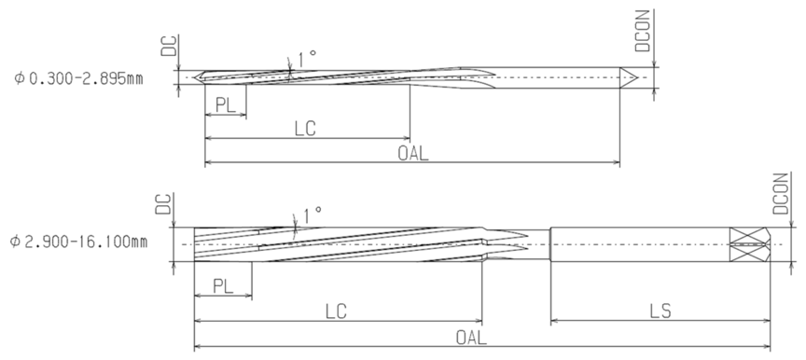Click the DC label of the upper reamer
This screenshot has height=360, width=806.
click(x=169, y=47)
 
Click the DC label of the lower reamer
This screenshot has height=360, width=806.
click(x=164, y=204)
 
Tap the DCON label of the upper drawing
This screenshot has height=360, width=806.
click(x=643, y=31)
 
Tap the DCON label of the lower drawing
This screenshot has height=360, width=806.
click(x=780, y=193)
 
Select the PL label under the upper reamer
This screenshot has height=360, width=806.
click(x=225, y=105)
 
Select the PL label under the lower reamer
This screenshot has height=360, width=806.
click(x=223, y=286)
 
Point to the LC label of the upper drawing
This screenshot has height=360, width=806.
click(x=305, y=129)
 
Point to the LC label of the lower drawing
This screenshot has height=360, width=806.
click(x=336, y=312)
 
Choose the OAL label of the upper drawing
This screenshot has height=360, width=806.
click(x=412, y=153)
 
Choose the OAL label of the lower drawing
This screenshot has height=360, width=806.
click(x=471, y=338)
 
